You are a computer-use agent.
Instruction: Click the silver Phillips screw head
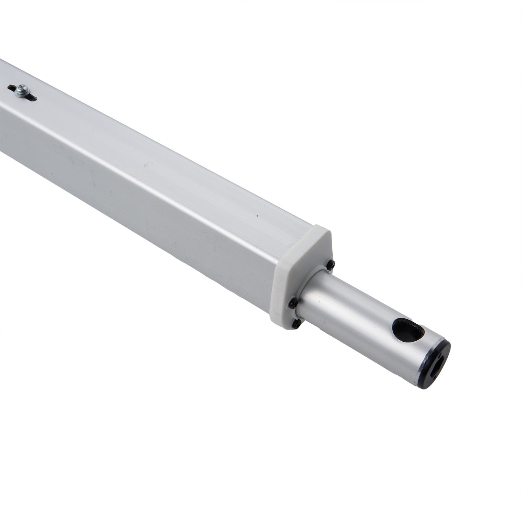[22, 88]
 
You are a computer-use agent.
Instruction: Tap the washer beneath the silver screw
[20, 92]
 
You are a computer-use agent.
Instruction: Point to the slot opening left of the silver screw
[12, 88]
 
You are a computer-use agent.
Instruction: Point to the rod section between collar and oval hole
[347, 303]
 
